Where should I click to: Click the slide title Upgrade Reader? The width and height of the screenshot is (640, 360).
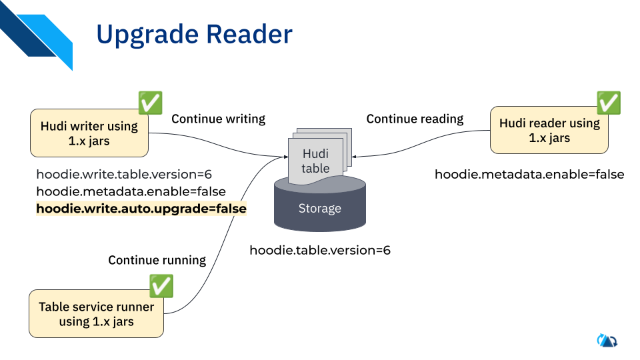click(x=194, y=35)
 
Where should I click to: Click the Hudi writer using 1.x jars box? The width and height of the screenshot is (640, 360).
click(x=89, y=133)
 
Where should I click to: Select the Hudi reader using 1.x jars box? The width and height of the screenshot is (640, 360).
click(x=549, y=130)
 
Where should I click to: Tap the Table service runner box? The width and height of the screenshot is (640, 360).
click(x=96, y=314)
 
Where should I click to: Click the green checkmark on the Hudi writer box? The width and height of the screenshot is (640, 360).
click(x=150, y=103)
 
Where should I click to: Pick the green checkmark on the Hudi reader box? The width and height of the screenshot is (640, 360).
click(x=608, y=103)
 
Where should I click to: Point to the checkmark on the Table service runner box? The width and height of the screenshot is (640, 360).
click(x=161, y=286)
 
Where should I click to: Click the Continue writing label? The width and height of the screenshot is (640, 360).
click(x=218, y=119)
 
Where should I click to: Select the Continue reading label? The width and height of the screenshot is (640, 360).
click(x=415, y=119)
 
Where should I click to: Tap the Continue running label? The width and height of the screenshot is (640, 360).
click(x=157, y=260)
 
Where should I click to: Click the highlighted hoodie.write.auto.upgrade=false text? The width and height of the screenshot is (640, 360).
click(x=141, y=209)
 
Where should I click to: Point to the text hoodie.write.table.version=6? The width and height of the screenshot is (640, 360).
click(x=124, y=175)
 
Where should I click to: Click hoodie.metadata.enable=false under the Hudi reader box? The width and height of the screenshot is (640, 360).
click(x=529, y=175)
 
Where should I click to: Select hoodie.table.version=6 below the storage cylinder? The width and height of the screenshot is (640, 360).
click(x=320, y=251)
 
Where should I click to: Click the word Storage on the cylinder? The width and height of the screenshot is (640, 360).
click(x=320, y=209)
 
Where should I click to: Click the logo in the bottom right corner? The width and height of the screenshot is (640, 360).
click(x=607, y=341)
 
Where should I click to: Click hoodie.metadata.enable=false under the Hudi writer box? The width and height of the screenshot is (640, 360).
click(x=131, y=192)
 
